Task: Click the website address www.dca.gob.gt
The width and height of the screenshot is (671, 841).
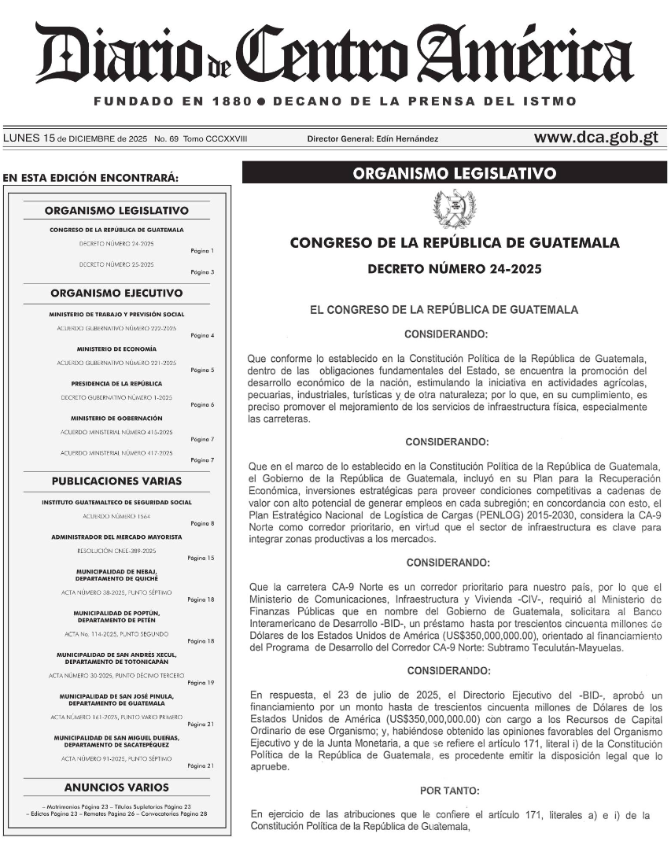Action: click(595, 138)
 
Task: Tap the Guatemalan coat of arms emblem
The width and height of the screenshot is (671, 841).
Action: click(454, 208)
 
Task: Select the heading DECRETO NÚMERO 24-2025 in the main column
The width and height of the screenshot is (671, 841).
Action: click(455, 269)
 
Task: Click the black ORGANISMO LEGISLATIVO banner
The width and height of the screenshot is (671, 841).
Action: click(455, 173)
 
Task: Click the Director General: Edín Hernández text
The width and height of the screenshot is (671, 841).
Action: click(373, 139)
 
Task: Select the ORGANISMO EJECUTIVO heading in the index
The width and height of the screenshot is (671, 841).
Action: click(116, 293)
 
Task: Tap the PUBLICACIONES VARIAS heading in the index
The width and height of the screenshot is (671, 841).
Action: click(116, 481)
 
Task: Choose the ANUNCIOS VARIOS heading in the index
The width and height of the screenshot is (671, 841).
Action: click(116, 787)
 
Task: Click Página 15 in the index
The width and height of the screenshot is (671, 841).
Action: click(201, 558)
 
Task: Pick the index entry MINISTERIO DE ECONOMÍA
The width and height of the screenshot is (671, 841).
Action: click(116, 349)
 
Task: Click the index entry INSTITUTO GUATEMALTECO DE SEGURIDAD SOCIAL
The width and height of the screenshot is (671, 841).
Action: click(116, 502)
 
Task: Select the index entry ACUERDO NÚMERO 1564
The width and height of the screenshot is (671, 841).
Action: click(116, 516)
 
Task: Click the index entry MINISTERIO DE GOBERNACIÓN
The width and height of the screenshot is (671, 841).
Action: click(116, 418)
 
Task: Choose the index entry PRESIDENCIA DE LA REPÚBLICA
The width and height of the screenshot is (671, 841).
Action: click(116, 383)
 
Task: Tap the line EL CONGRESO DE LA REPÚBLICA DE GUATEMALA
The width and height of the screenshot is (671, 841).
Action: click(444, 310)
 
